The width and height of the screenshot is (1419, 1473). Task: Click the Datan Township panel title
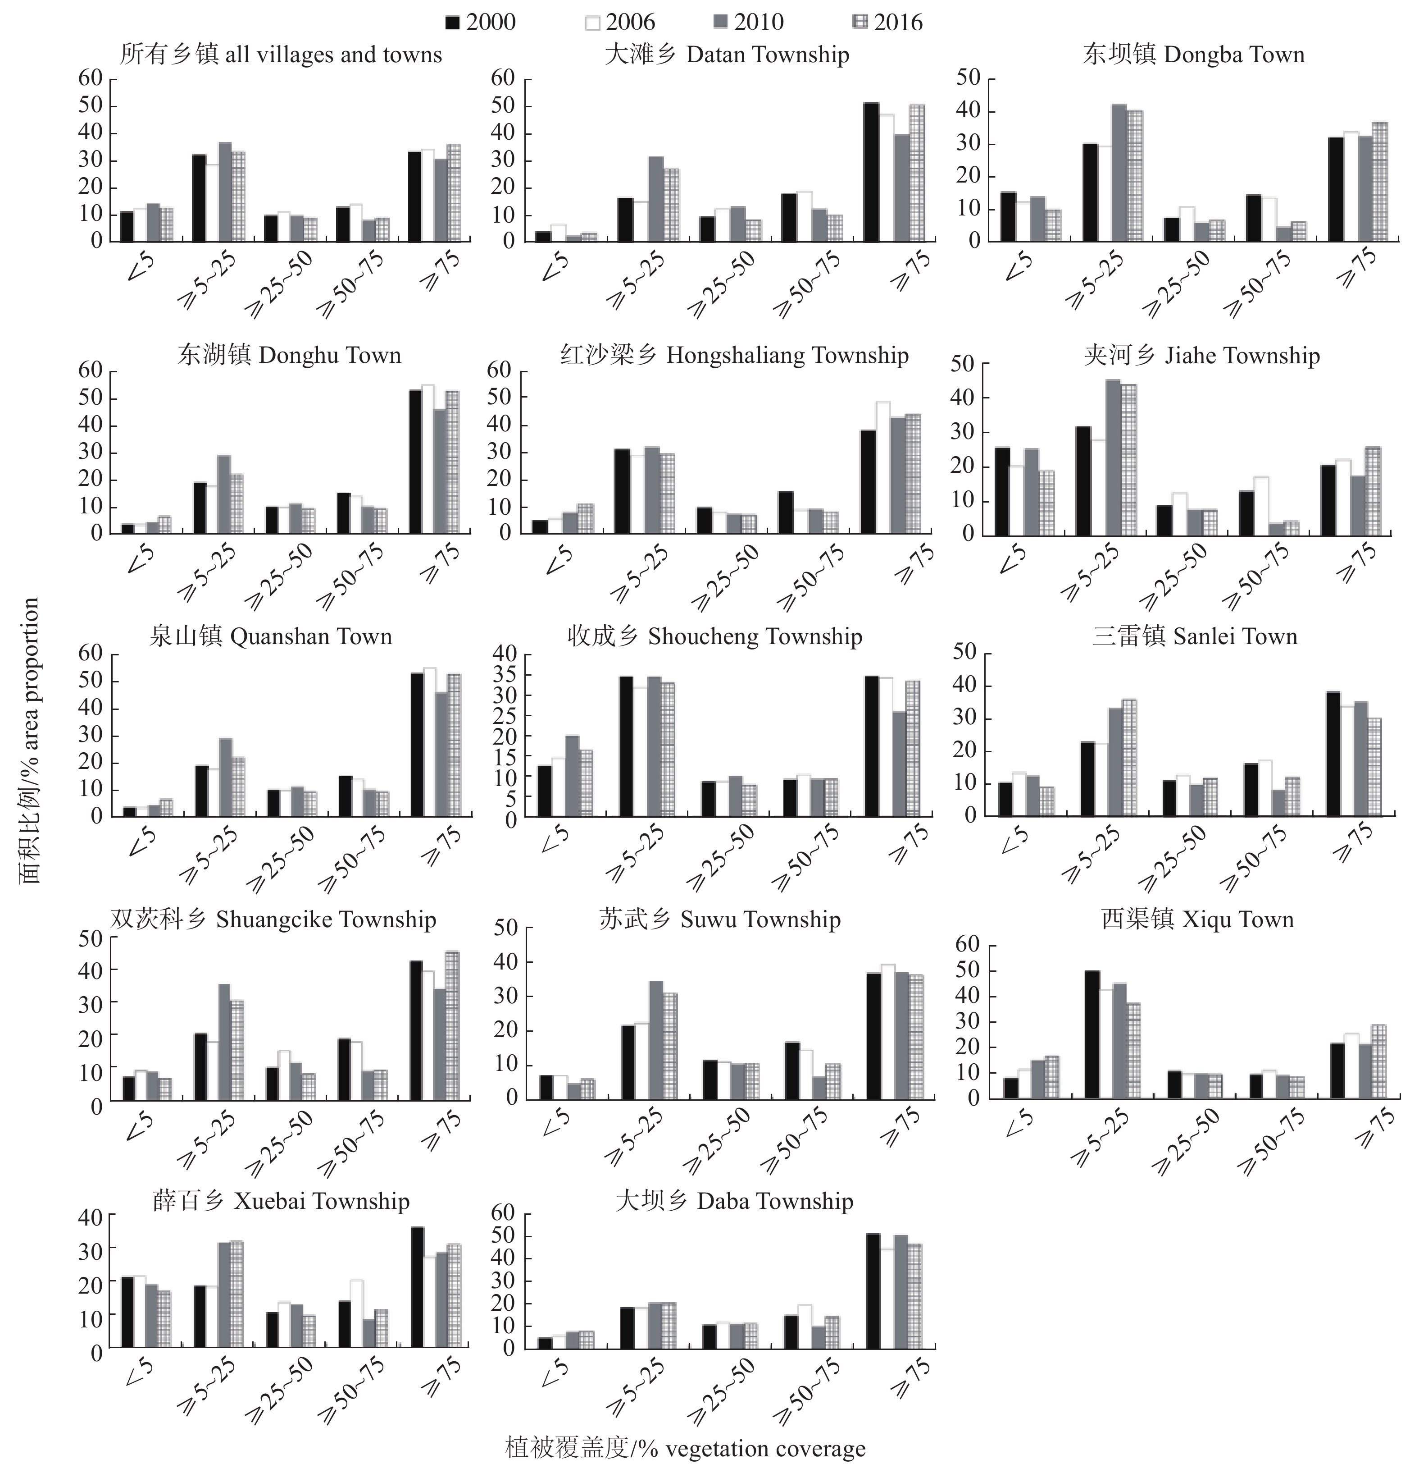pyautogui.click(x=727, y=55)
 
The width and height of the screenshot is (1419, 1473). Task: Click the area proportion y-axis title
pyautogui.click(x=30, y=740)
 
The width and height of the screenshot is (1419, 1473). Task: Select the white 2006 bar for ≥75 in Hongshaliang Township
pyautogui.click(x=882, y=467)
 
